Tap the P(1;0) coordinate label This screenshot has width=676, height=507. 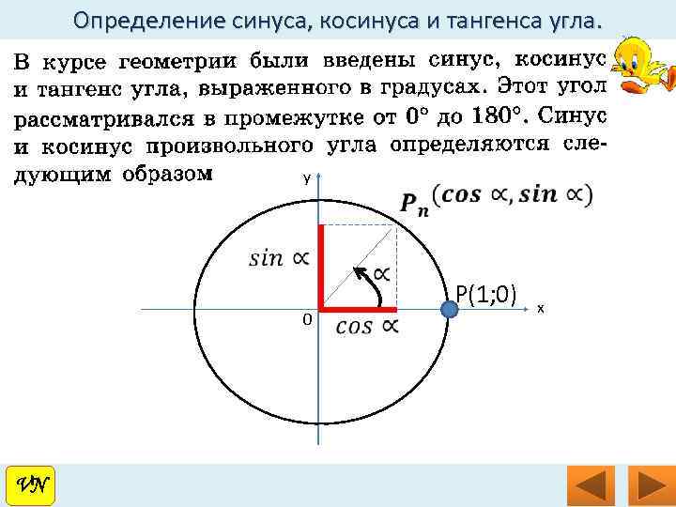[486, 295]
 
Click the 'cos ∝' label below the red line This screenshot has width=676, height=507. [367, 327]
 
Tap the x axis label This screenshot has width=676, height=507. [541, 309]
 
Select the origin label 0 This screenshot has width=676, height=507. [306, 320]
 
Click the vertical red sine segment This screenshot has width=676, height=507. [321, 267]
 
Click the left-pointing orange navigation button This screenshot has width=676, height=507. [591, 486]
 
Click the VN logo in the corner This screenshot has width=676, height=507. [31, 485]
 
